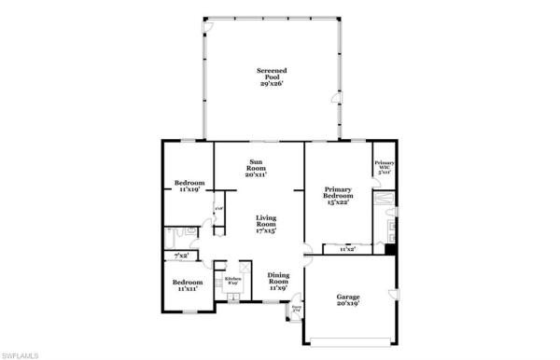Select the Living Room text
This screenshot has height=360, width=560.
(267, 221)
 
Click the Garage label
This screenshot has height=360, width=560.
(347, 296)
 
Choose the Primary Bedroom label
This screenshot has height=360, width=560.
(338, 189)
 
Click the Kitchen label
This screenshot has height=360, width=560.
(233, 279)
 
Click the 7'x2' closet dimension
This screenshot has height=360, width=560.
(181, 256)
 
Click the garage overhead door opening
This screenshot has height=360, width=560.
(348, 338)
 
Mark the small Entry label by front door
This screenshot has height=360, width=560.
(297, 307)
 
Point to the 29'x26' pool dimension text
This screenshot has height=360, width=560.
(272, 83)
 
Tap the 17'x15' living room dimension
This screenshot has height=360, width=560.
(267, 230)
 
